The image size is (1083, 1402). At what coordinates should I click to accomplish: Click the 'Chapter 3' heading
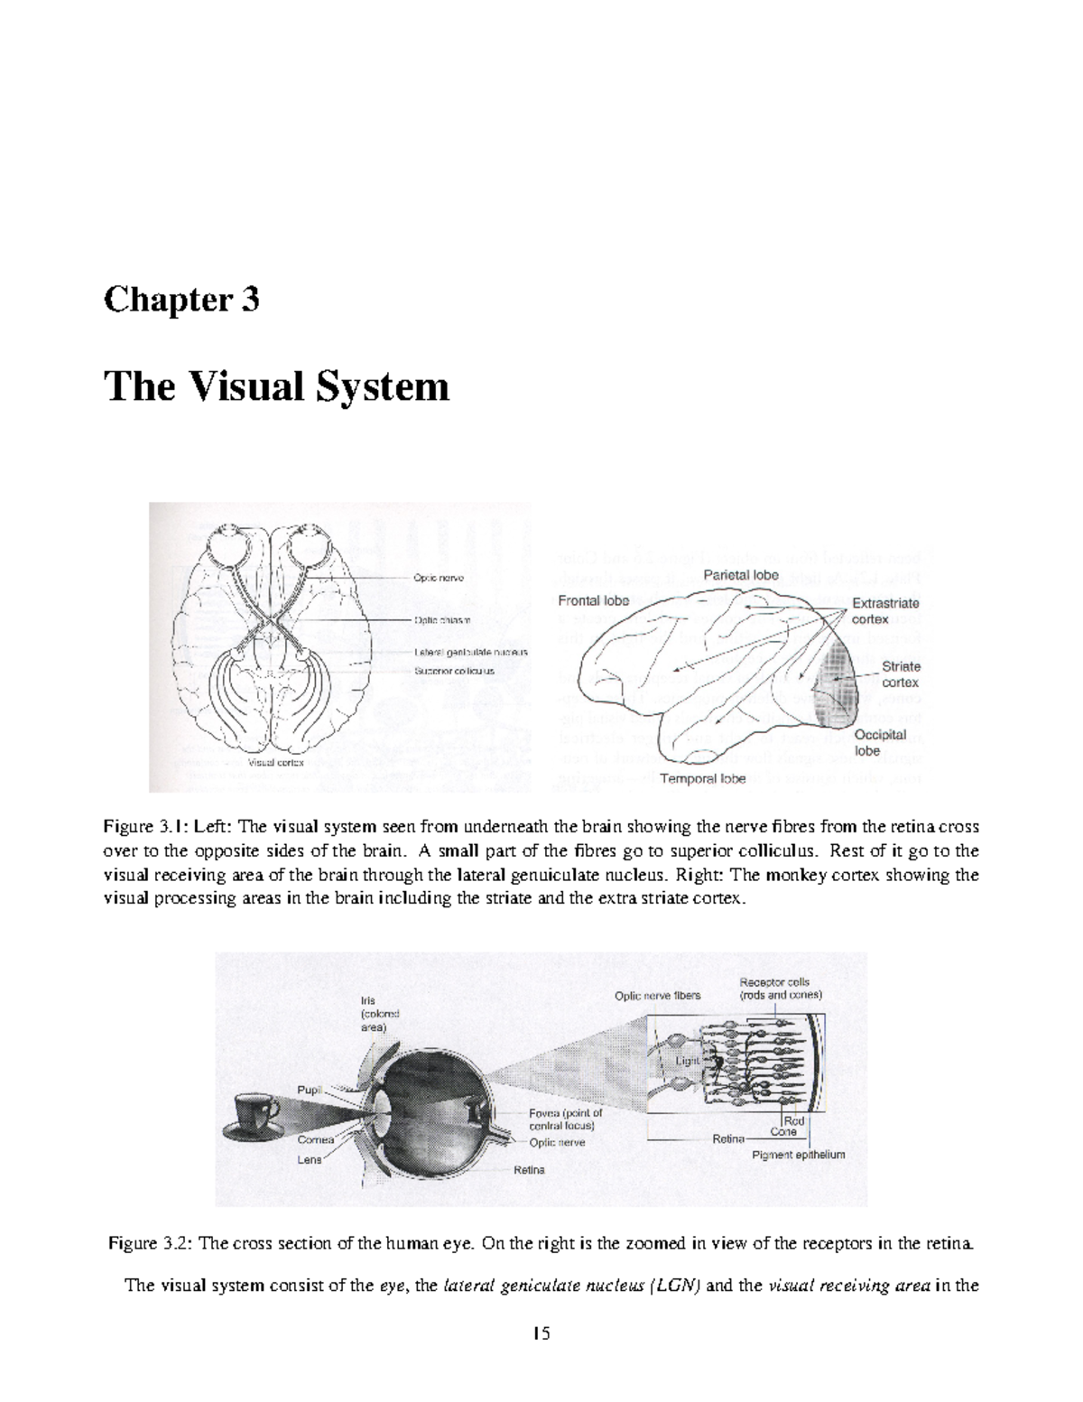(x=181, y=299)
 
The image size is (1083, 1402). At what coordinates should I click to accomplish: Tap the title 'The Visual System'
(x=276, y=386)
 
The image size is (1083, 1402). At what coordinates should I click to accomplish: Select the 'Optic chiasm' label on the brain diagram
(x=442, y=620)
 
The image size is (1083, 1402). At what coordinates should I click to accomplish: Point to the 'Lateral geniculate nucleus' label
(x=470, y=651)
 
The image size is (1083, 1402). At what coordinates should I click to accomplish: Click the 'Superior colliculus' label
(x=454, y=671)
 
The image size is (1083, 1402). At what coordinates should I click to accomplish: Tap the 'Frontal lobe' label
(x=593, y=600)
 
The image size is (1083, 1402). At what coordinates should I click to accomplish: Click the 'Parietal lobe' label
(x=741, y=574)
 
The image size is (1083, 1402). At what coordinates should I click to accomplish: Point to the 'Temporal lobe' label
(x=703, y=778)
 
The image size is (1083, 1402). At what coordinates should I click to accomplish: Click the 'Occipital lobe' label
(x=880, y=742)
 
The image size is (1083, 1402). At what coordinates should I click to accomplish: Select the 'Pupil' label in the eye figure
(x=310, y=1091)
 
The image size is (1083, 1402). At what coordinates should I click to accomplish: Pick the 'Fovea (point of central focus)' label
(x=565, y=1119)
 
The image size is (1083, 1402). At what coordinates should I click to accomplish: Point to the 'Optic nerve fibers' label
(x=657, y=996)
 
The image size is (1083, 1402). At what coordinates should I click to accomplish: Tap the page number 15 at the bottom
(x=541, y=1334)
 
